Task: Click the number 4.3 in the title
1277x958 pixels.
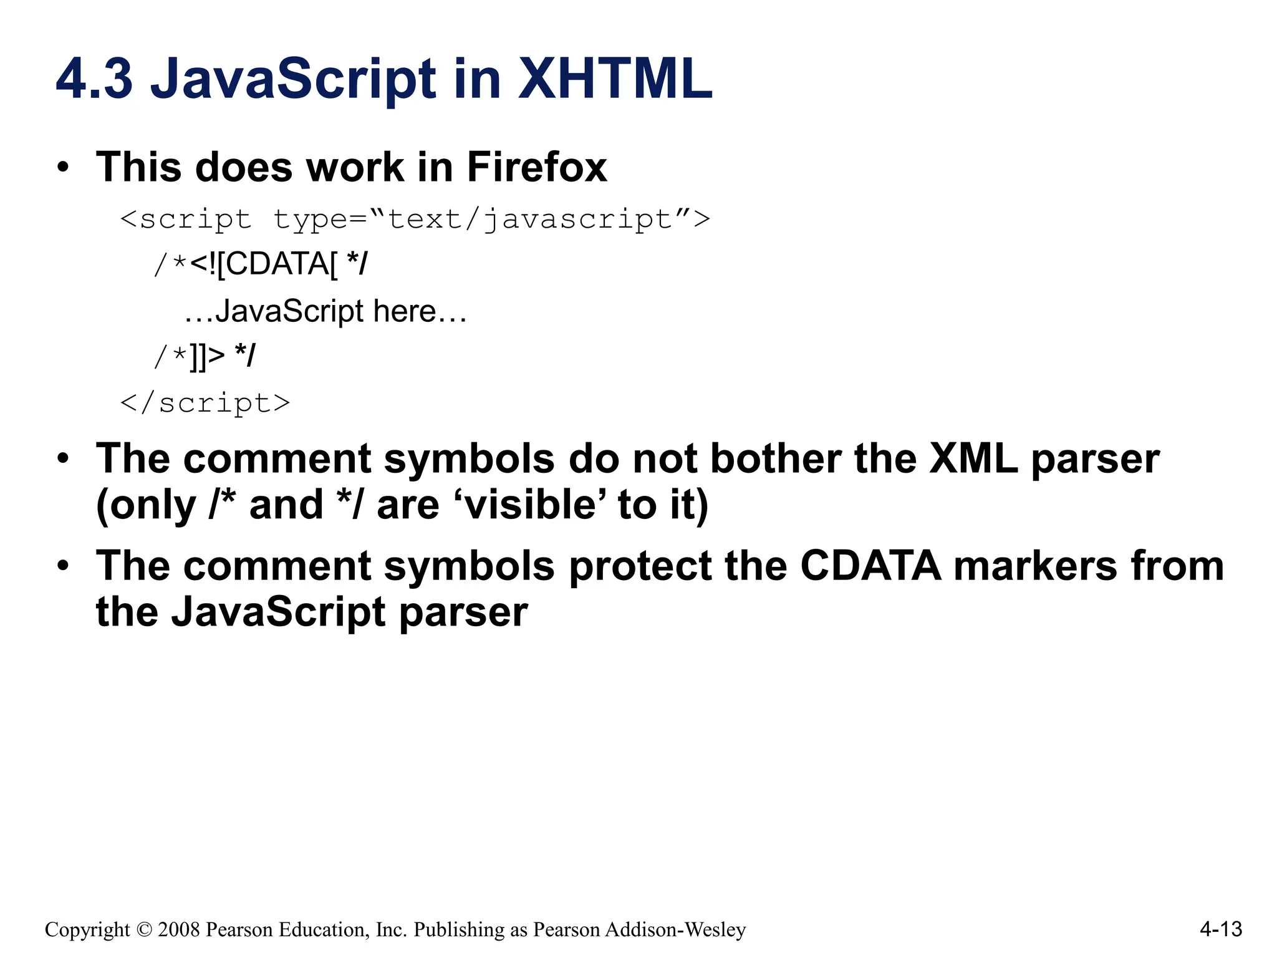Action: point(94,79)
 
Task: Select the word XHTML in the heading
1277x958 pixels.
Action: point(615,79)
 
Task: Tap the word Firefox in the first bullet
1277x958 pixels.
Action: point(536,167)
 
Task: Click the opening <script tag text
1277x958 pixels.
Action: point(186,220)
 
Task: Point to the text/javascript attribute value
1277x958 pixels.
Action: point(530,220)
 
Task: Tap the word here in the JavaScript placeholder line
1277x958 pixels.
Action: point(404,311)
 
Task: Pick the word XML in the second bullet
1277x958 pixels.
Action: point(973,459)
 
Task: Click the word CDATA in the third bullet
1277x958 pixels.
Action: point(870,566)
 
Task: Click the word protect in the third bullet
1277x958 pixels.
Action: point(640,566)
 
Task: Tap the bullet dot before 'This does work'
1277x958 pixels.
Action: point(62,167)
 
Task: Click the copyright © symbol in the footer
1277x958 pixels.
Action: point(143,930)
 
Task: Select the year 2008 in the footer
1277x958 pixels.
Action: point(178,930)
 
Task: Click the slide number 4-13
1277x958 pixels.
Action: point(1221,929)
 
